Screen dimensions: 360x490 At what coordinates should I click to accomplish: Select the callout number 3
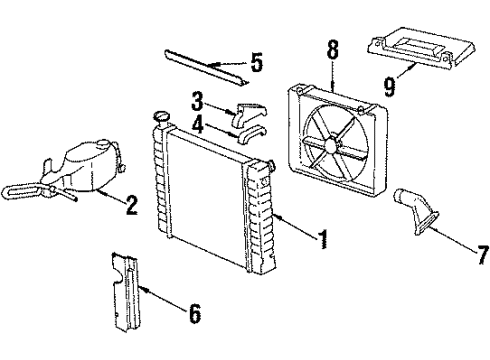[198, 100]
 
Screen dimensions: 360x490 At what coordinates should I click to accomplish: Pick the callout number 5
[257, 66]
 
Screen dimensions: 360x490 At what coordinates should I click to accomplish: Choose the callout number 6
[194, 316]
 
